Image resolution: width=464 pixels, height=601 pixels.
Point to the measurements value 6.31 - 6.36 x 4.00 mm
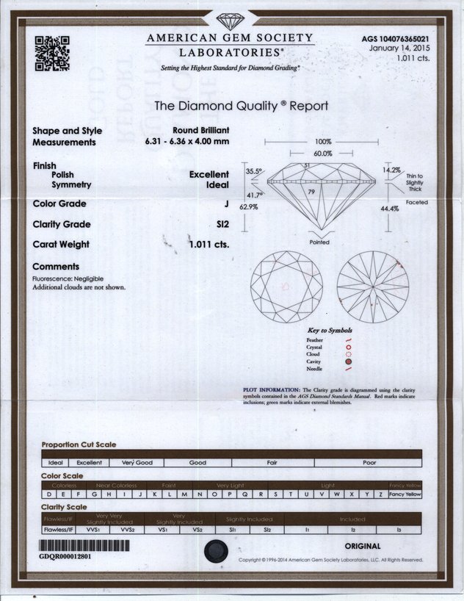point(187,142)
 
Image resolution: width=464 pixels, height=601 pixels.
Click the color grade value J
point(227,204)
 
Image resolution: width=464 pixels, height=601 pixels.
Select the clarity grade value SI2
point(222,225)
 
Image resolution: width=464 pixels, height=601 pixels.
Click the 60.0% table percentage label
point(323,154)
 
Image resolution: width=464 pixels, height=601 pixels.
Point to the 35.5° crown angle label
point(254,171)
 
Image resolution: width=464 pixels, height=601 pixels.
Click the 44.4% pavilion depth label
point(390,209)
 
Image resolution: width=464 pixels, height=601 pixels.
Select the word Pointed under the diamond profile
point(319,242)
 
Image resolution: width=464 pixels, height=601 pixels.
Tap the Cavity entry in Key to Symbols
point(314,362)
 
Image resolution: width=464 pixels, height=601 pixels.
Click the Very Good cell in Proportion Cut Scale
point(137,463)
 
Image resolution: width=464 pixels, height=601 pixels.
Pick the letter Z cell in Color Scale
point(380,495)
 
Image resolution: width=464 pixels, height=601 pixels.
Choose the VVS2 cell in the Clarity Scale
point(127,528)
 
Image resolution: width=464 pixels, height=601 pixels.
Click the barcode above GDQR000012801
point(84,546)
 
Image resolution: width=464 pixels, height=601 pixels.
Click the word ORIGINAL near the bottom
point(363,546)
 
